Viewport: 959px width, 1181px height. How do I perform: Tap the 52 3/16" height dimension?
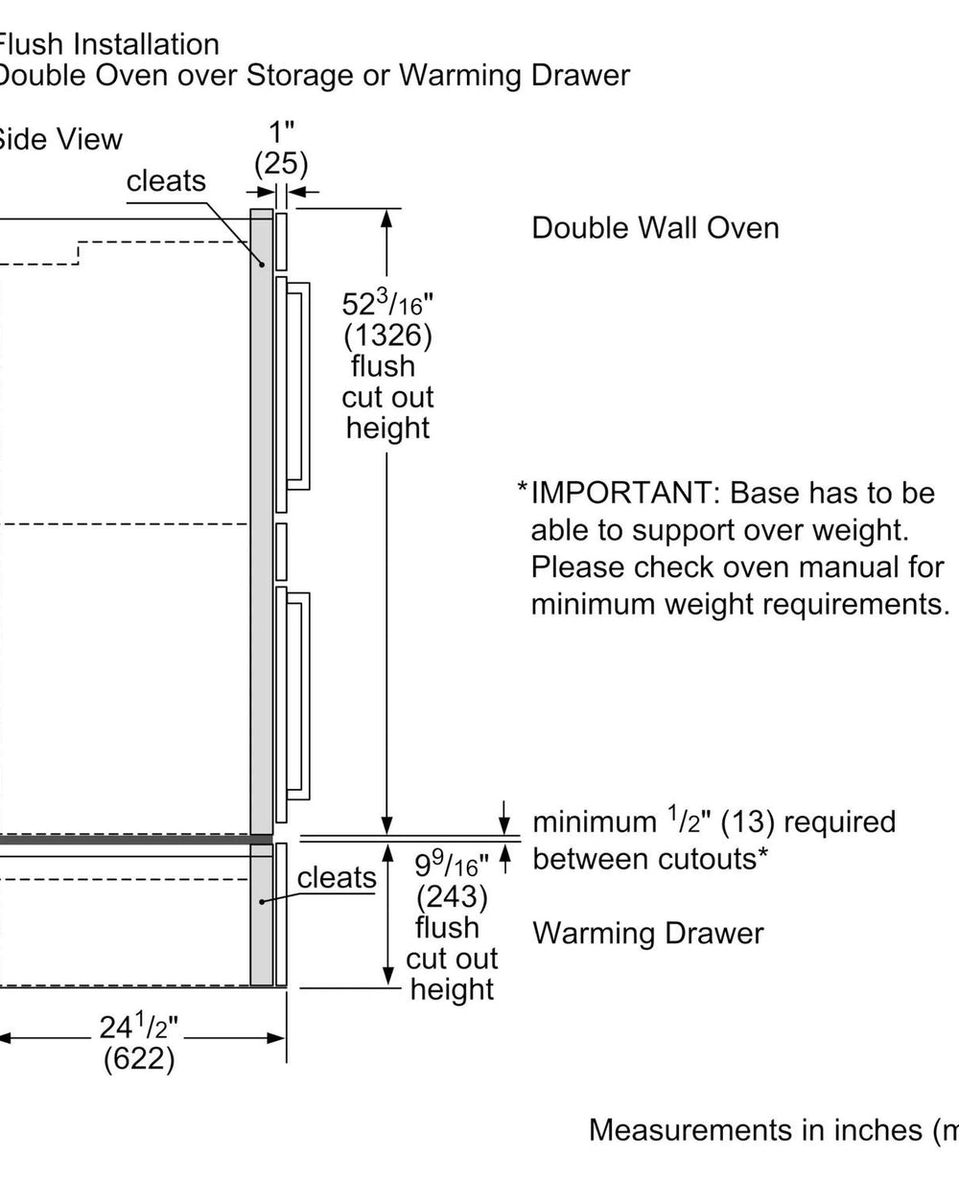pyautogui.click(x=388, y=304)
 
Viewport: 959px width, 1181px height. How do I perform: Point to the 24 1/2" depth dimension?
pyautogui.click(x=140, y=1029)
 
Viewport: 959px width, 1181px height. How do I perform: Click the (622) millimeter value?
pyautogui.click(x=140, y=1060)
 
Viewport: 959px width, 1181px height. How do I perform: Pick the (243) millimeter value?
pyautogui.click(x=452, y=896)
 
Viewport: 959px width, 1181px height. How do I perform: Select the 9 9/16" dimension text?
pyautogui.click(x=452, y=866)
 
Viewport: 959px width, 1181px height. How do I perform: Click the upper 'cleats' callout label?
pyautogui.click(x=166, y=180)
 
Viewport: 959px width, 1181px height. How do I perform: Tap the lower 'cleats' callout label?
pyautogui.click(x=337, y=877)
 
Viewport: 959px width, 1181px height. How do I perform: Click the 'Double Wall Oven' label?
pyautogui.click(x=655, y=228)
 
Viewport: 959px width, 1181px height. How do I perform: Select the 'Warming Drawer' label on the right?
pyautogui.click(x=648, y=933)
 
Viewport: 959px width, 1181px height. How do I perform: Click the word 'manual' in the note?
pyautogui.click(x=845, y=567)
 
